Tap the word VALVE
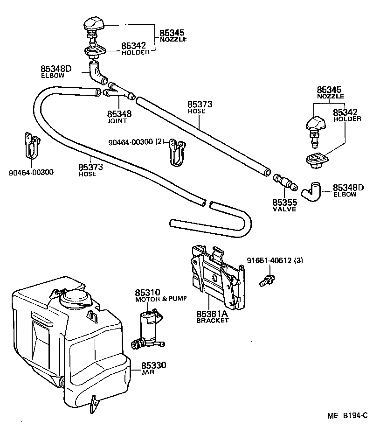pyautogui.click(x=284, y=210)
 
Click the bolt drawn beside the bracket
pyautogui.click(x=267, y=280)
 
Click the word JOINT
pyautogui.click(x=117, y=121)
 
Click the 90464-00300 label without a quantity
pyautogui.click(x=31, y=172)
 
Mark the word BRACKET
pyautogui.click(x=213, y=321)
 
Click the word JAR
pyautogui.click(x=147, y=372)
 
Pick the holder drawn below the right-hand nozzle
pyautogui.click(x=316, y=160)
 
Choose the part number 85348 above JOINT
pyautogui.click(x=119, y=114)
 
